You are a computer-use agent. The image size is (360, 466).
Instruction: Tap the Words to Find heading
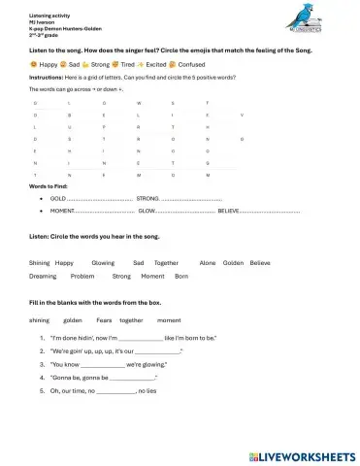pos(50,184)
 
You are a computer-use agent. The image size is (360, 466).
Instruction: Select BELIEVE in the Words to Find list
pos(229,209)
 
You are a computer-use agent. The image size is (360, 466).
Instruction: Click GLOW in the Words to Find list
pos(147,209)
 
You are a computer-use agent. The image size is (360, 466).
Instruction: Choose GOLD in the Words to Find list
pos(57,197)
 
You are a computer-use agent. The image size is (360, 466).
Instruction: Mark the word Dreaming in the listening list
pos(44,276)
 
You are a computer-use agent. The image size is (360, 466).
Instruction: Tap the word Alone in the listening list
pos(207,262)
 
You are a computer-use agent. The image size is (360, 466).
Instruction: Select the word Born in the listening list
pos(180,276)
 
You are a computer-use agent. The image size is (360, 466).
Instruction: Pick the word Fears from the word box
pos(105,319)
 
